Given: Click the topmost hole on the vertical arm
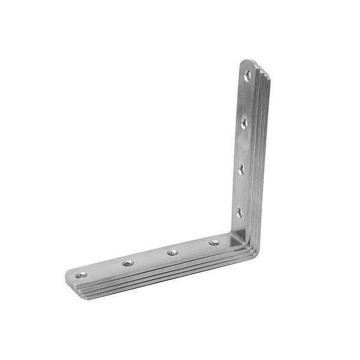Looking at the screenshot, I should pyautogui.click(x=247, y=76).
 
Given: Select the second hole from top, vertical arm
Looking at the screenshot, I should pyautogui.click(x=244, y=124).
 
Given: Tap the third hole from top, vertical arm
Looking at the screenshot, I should pyautogui.click(x=241, y=170).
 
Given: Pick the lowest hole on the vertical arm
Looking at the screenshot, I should pyautogui.click(x=239, y=212).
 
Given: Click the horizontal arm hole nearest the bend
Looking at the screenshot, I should pyautogui.click(x=214, y=243).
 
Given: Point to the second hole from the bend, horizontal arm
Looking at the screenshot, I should pyautogui.click(x=172, y=253).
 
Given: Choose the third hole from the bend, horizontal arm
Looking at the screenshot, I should pyautogui.click(x=128, y=263).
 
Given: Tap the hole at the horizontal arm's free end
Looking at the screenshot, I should pyautogui.click(x=81, y=275).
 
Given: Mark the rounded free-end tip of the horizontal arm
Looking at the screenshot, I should pyautogui.click(x=68, y=278).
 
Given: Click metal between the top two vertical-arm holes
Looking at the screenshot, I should pyautogui.click(x=246, y=100).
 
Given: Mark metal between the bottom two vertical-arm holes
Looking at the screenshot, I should pyautogui.click(x=240, y=191).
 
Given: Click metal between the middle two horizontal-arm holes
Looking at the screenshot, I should pyautogui.click(x=150, y=258).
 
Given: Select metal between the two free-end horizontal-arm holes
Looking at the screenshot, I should pyautogui.click(x=104, y=269).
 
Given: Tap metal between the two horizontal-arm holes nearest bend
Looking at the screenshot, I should pyautogui.click(x=193, y=248).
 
